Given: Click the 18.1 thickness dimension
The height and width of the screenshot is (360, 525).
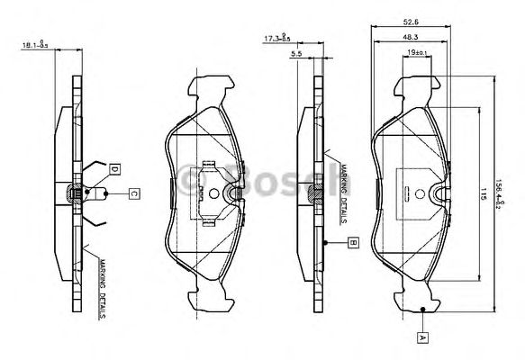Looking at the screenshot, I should point(32,41).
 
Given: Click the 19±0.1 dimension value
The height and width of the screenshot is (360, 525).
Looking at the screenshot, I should point(415,54).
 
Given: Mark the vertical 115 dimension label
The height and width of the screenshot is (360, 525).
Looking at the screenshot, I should point(483,192).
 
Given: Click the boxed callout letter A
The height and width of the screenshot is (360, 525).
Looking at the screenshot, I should point(421,337).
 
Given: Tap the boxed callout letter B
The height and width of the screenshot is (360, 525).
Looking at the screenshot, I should point(354,242).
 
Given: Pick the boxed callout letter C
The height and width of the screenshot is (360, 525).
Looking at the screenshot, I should point(132,192).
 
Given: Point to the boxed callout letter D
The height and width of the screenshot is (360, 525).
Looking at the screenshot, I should point(114,168).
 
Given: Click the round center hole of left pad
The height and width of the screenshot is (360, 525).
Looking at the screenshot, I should point(213,193).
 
